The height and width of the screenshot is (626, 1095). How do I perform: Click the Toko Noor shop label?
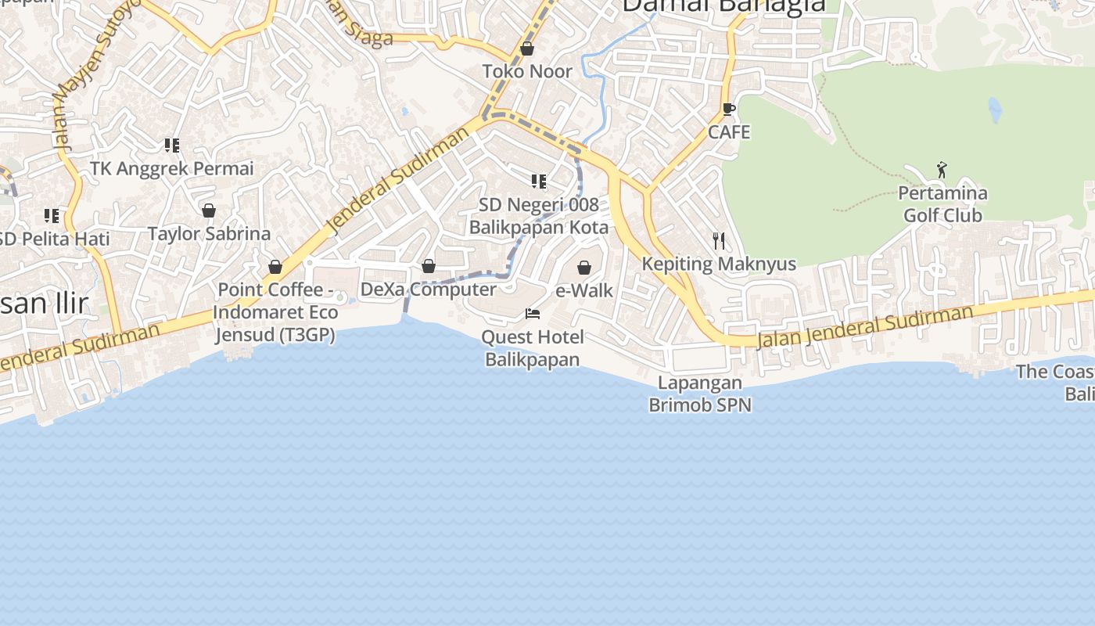526,71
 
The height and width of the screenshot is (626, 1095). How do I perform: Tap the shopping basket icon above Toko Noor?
527,49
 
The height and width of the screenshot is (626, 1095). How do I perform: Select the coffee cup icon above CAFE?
728,110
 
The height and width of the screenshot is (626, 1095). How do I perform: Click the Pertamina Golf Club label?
942,203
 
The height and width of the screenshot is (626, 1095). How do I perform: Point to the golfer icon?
942,170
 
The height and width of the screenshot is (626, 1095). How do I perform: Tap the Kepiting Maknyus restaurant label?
719,264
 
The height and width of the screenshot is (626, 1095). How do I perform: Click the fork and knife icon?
719,241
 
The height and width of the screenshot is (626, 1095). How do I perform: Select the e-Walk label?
584,290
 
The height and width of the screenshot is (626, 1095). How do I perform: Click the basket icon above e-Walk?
584,268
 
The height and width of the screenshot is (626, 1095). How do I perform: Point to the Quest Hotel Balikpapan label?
533,348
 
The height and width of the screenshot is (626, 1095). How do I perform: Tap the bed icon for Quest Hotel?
533,314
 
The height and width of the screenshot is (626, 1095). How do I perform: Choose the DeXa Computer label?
428,290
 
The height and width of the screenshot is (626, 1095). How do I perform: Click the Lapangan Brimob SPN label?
700,394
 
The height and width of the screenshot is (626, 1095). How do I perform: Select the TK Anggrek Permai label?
172,168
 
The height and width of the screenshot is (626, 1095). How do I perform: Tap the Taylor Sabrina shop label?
209,233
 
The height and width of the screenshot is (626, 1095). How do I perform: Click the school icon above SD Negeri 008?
539,182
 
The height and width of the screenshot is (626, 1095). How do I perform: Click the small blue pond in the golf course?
995,111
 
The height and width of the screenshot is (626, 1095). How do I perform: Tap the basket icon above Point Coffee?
275,267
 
